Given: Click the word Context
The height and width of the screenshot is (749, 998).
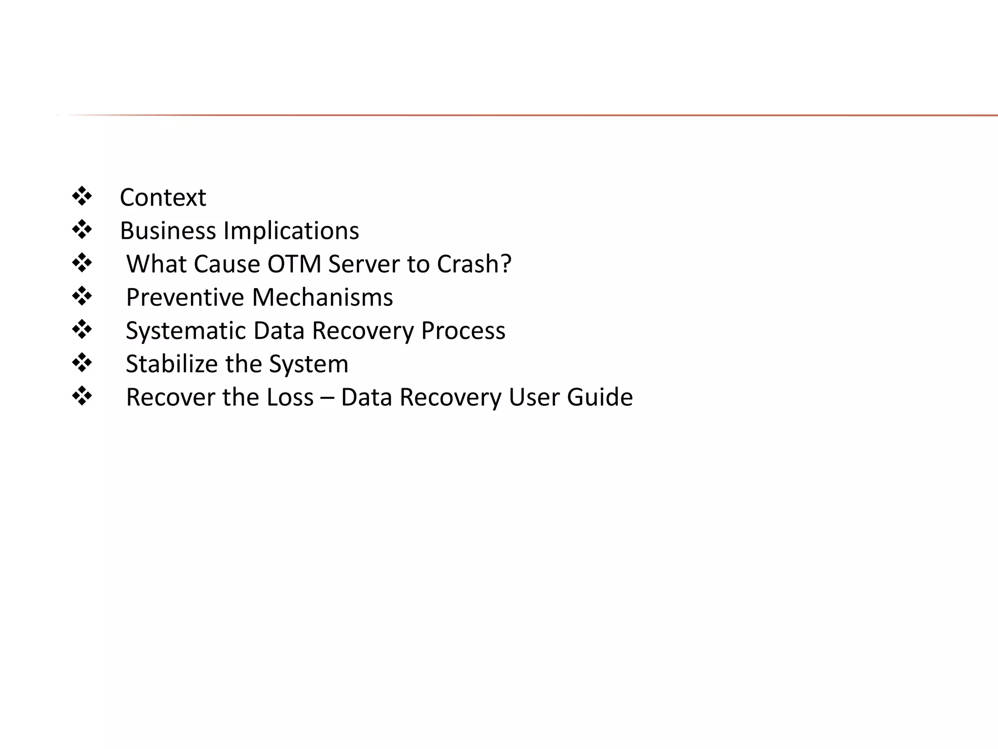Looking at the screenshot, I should pyautogui.click(x=163, y=197).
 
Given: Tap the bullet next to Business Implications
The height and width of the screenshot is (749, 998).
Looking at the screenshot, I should pyautogui.click(x=82, y=230).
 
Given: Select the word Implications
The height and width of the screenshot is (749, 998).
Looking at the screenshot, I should pyautogui.click(x=291, y=231).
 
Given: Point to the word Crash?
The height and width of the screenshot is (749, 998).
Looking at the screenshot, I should pyautogui.click(x=474, y=264).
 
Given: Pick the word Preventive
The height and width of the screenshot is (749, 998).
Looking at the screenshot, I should pyautogui.click(x=185, y=297).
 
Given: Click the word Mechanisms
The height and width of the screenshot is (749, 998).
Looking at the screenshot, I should pyautogui.click(x=322, y=297).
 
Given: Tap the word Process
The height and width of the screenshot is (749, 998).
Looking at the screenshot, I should pyautogui.click(x=463, y=331).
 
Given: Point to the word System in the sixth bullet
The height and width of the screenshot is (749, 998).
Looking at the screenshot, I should pyautogui.click(x=308, y=364).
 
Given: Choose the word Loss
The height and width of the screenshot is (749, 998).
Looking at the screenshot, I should pyautogui.click(x=290, y=397).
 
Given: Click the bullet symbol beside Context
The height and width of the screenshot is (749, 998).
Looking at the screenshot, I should pyautogui.click(x=82, y=197).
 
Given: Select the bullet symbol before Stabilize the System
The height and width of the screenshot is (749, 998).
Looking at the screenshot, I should pyautogui.click(x=82, y=363).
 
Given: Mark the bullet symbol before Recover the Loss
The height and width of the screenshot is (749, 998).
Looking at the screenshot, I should pyautogui.click(x=82, y=396).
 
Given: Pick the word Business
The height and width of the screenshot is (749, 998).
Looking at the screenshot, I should pyautogui.click(x=168, y=231).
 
